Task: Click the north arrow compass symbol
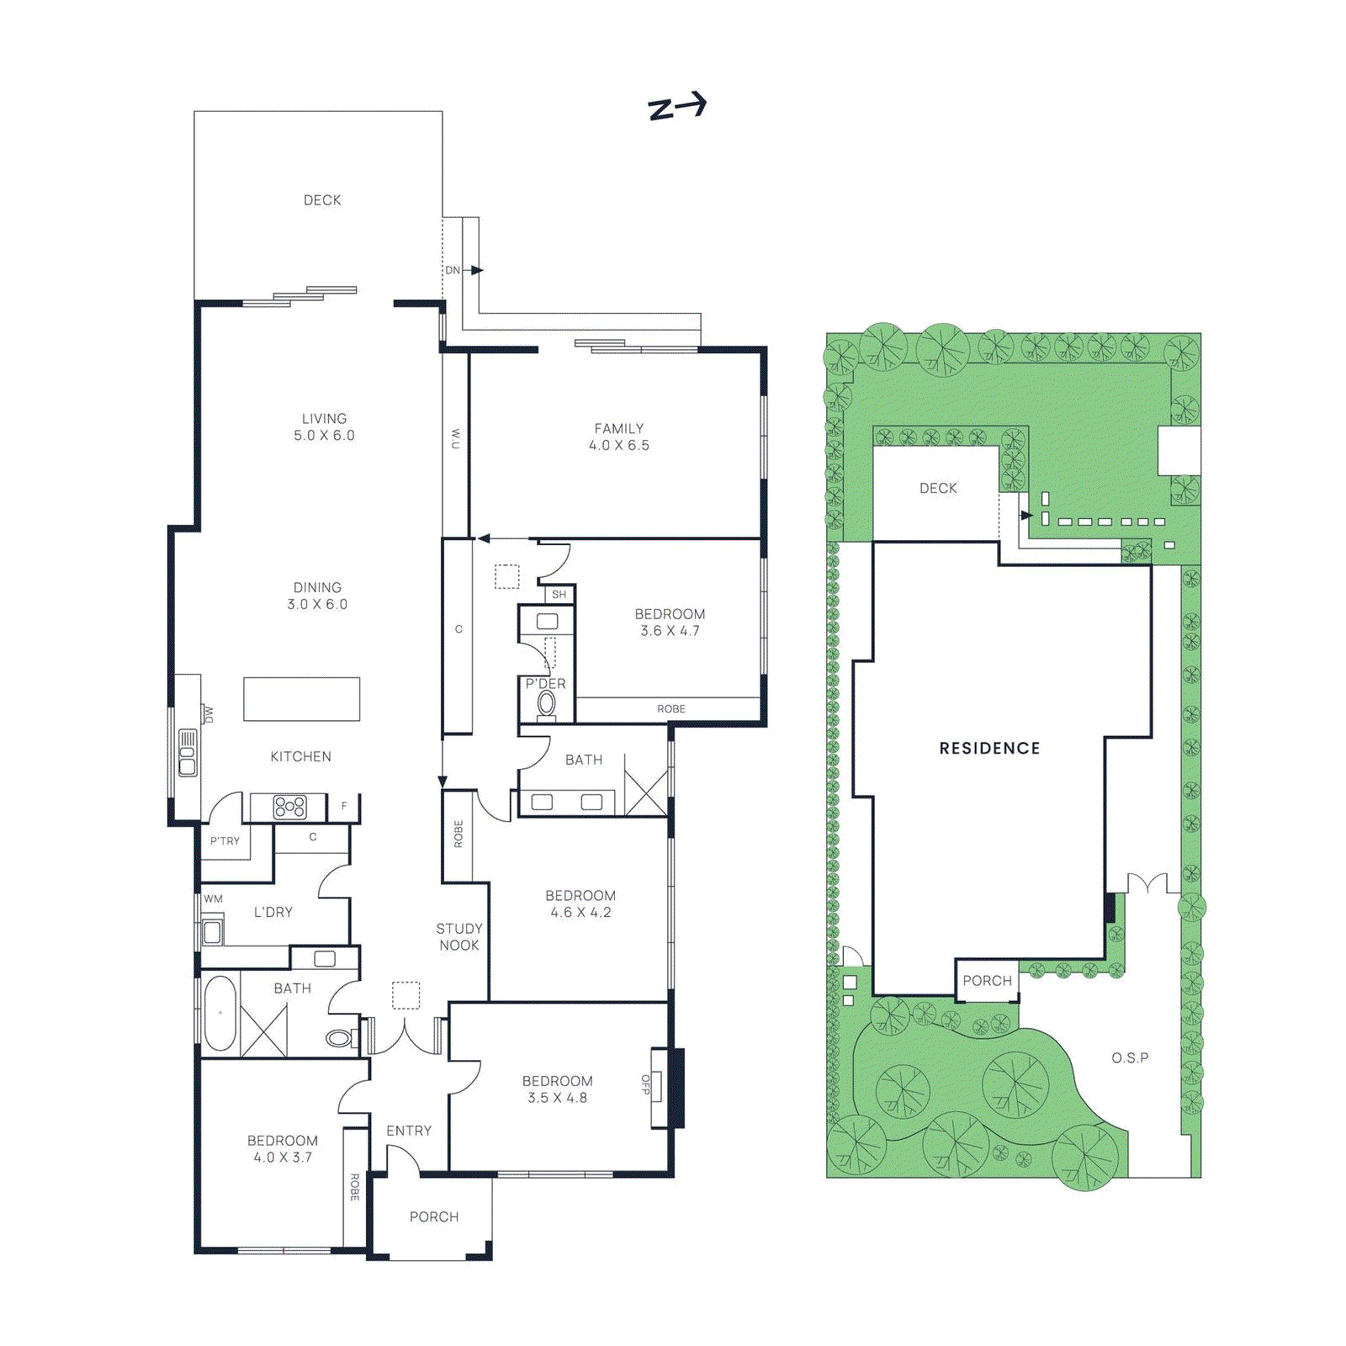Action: tap(677, 106)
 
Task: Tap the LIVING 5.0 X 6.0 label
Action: tap(324, 427)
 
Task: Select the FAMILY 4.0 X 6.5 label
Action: tap(619, 437)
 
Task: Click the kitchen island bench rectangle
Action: tap(301, 698)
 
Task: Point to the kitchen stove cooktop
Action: tap(289, 807)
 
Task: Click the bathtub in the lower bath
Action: tap(220, 1013)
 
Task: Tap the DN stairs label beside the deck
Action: tap(453, 270)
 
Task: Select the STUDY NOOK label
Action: tap(459, 936)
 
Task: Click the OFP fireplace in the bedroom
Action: tap(657, 1086)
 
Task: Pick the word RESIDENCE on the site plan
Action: tap(989, 748)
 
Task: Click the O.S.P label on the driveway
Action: tap(1129, 1057)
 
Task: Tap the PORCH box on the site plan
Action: tap(987, 980)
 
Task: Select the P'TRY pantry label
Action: tap(225, 840)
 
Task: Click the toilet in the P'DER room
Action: tap(547, 704)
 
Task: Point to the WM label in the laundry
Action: tap(214, 898)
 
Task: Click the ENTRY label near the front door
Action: tap(409, 1131)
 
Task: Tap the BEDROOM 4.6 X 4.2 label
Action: tap(580, 904)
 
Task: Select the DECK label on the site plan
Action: tap(938, 488)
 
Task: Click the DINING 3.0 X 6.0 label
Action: tap(317, 596)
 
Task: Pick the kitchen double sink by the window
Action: tap(187, 753)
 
